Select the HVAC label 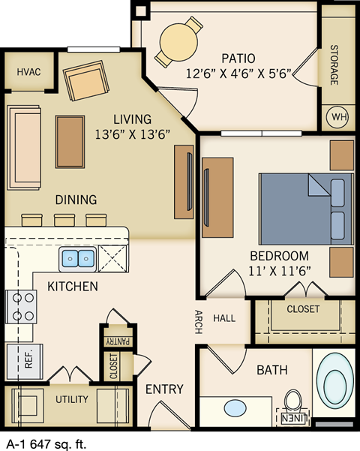[x=28, y=72]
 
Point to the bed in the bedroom [x=304, y=208]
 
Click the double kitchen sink [x=77, y=259]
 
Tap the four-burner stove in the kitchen [x=21, y=306]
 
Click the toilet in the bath [x=293, y=401]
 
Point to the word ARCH [x=198, y=319]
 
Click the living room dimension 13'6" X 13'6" [x=132, y=134]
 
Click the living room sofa [x=24, y=147]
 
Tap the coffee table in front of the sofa [x=70, y=142]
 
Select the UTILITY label [x=72, y=399]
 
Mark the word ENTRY [x=164, y=389]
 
